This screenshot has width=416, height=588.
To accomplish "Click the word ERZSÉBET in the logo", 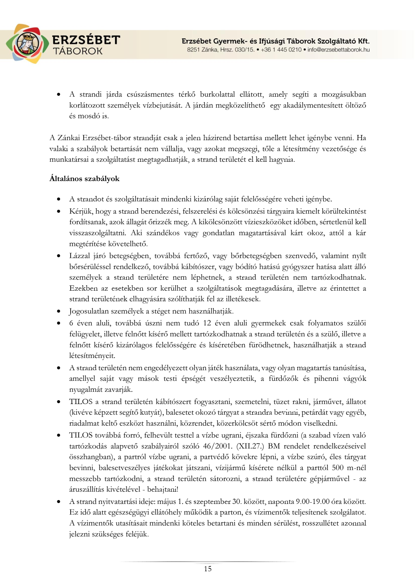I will [86, 40].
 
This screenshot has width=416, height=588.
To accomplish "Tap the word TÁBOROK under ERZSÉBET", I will [78, 51].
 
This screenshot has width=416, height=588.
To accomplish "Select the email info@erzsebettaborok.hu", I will [338, 50].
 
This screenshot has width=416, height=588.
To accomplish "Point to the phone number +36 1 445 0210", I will [281, 50].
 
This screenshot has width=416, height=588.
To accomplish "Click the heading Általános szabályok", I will [84, 179].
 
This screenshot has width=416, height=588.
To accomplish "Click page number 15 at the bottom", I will [208, 569].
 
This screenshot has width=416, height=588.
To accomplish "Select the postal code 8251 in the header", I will [193, 50].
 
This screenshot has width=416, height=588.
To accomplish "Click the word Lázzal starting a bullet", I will [79, 256].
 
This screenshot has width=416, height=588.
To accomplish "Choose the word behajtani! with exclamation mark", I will [163, 489].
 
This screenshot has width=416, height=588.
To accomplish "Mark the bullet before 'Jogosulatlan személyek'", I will [58, 311].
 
